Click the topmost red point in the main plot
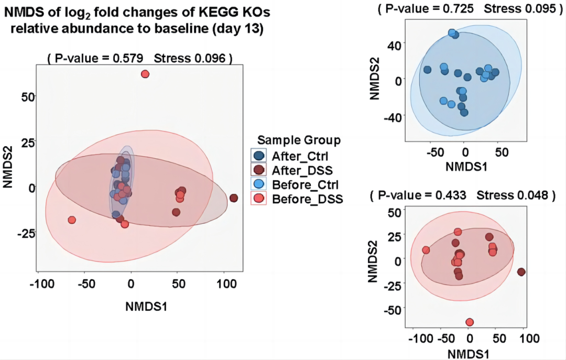click(145, 74)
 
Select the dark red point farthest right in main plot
click(234, 198)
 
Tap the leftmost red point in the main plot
click(72, 220)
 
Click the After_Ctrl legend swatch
click(258, 155)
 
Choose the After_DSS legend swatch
click(258, 170)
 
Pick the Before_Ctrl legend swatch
click(258, 184)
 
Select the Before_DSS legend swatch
click(258, 199)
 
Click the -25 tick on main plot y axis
click(24, 233)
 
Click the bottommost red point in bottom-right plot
click(470, 322)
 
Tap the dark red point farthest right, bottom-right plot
click(521, 272)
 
